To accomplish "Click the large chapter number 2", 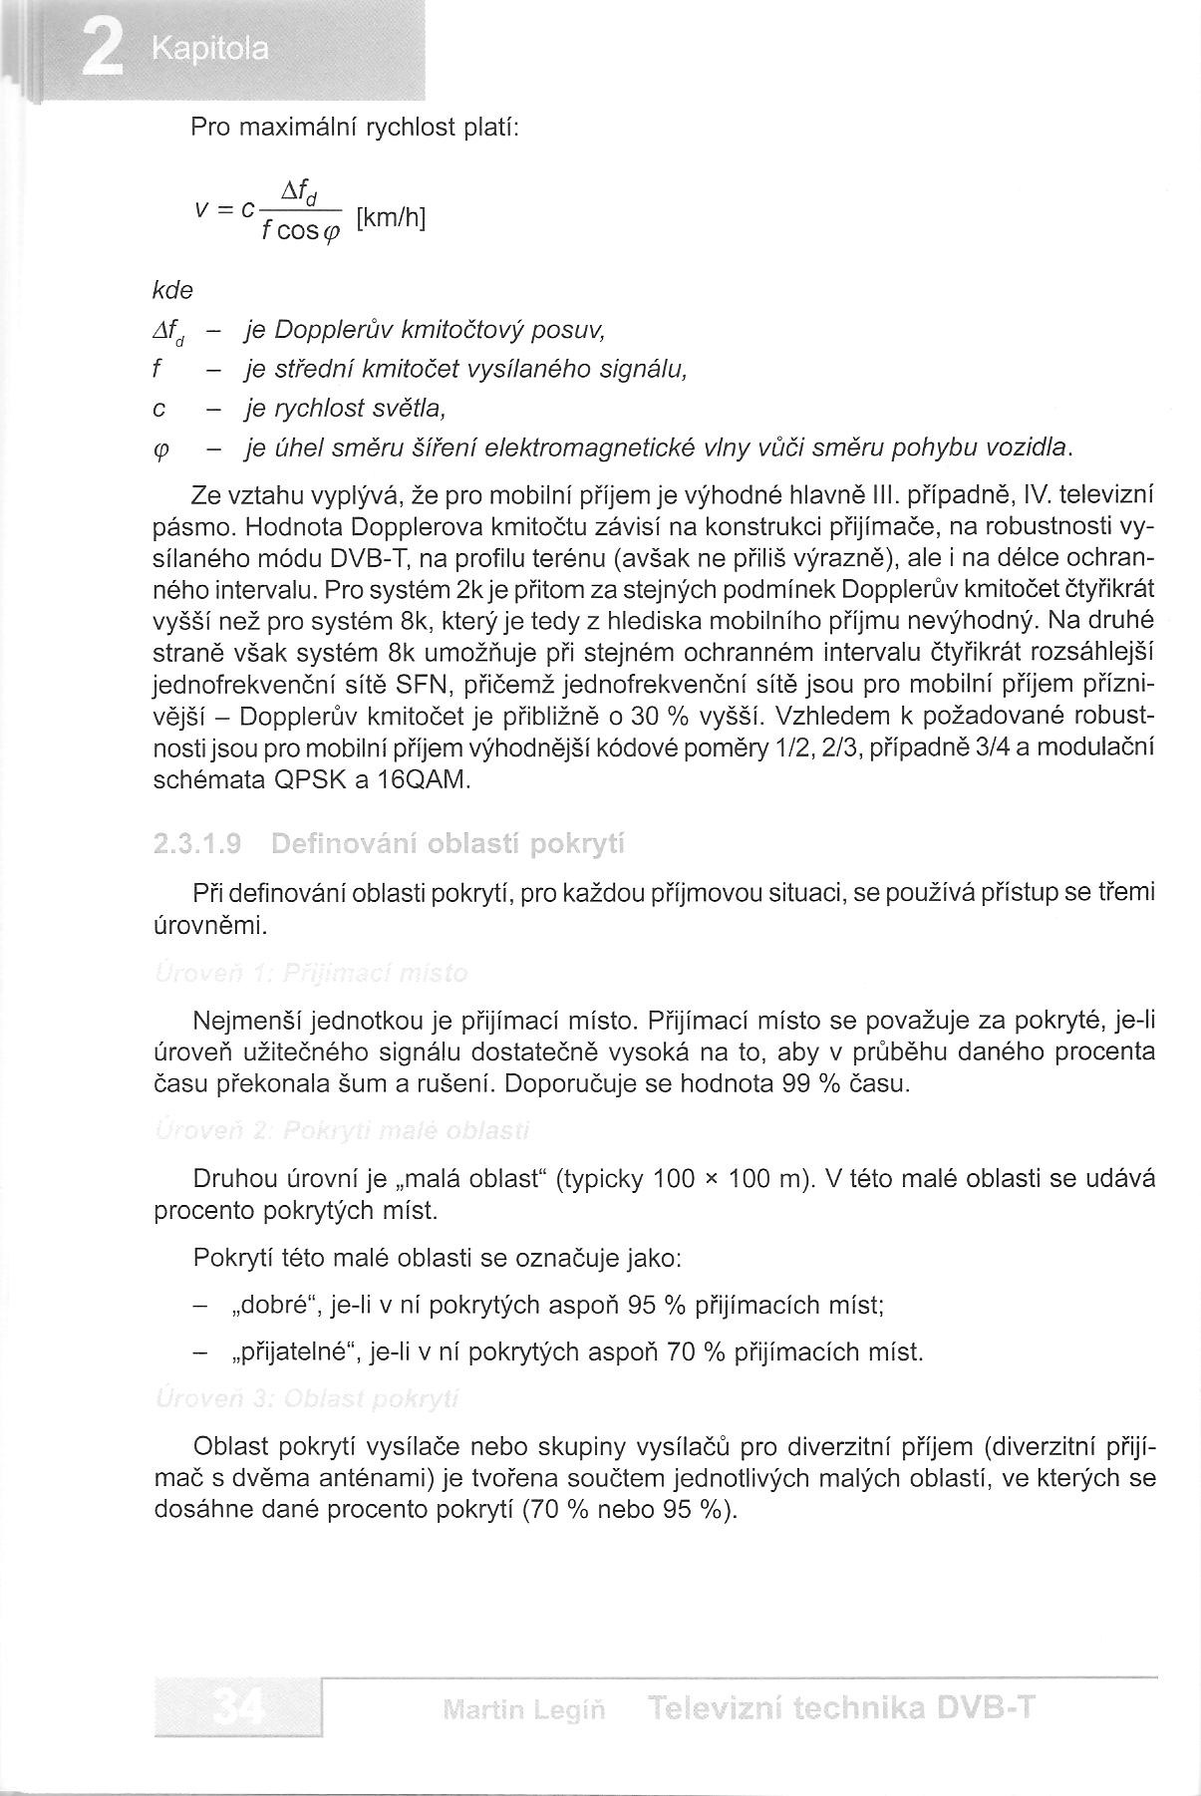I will [x=101, y=49].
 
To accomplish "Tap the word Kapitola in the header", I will [x=211, y=50].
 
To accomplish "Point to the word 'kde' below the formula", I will [x=172, y=290].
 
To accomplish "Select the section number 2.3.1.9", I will [x=198, y=845].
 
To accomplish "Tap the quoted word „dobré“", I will [x=279, y=1305].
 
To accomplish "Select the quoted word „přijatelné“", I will [x=294, y=1352].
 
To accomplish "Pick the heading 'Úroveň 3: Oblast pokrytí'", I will [x=307, y=1399].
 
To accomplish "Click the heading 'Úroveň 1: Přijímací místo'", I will [x=311, y=973].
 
